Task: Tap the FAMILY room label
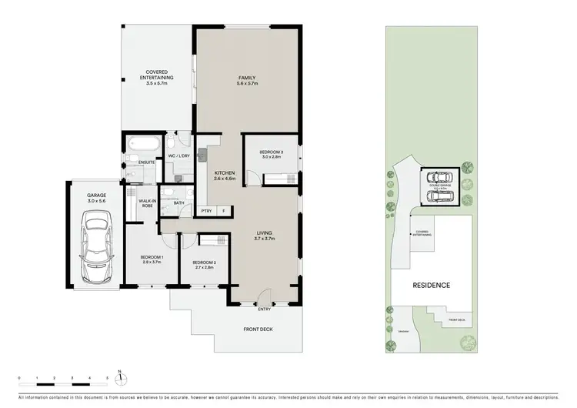[246, 77]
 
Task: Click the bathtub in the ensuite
[144, 144]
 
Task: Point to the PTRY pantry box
[206, 210]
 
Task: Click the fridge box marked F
[224, 210]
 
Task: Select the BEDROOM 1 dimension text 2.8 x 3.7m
[152, 262]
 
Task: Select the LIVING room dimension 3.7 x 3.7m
[265, 238]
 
